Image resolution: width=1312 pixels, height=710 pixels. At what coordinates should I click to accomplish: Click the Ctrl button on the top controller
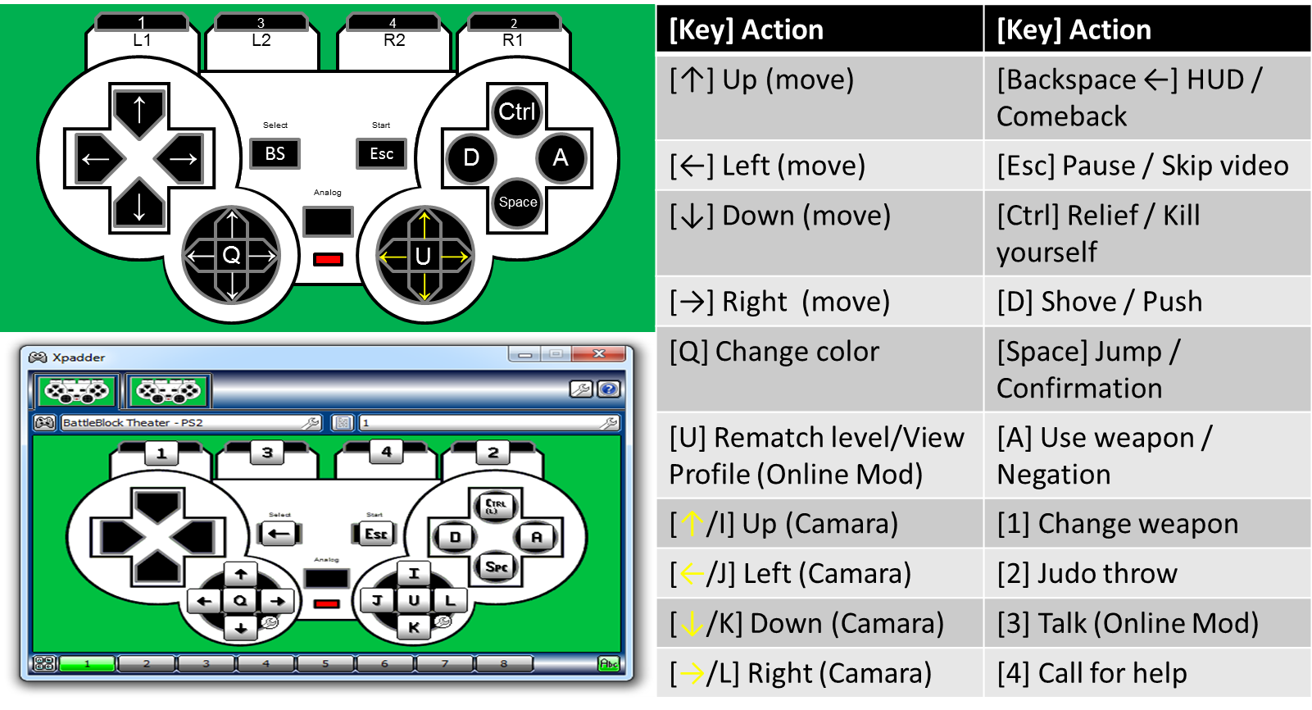(x=516, y=112)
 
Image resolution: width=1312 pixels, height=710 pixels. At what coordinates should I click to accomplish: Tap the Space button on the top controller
(x=517, y=203)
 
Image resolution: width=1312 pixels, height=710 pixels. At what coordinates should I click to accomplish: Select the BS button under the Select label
(x=275, y=153)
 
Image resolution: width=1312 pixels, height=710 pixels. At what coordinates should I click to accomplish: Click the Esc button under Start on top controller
(x=381, y=153)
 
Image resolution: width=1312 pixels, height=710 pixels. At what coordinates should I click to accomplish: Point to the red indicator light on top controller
(x=328, y=260)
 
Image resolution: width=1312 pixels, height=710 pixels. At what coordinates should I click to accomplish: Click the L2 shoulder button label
(x=261, y=40)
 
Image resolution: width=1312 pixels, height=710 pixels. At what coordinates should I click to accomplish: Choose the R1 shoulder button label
(x=512, y=40)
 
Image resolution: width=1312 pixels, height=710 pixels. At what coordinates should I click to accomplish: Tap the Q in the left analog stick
(x=231, y=256)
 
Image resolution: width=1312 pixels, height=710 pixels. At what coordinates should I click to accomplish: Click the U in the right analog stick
(x=423, y=256)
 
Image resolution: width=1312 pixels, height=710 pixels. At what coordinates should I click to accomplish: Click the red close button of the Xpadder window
(x=598, y=354)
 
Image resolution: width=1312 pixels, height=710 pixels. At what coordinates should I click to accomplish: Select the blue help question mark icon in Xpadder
(x=609, y=389)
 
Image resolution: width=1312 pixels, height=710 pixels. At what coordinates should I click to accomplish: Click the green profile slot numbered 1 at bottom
(x=87, y=664)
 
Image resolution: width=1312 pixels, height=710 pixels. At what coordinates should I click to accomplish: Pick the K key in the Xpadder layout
(x=414, y=627)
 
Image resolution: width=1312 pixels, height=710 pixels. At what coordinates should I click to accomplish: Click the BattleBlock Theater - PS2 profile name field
(x=191, y=422)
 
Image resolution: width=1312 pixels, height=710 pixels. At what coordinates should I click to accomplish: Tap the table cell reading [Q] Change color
(x=819, y=368)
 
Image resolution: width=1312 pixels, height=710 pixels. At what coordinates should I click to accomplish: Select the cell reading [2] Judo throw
(x=1146, y=573)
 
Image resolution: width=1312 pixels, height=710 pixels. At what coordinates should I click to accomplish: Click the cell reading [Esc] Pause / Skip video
(x=1146, y=165)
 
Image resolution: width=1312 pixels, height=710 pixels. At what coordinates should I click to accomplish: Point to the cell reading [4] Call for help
(x=1146, y=672)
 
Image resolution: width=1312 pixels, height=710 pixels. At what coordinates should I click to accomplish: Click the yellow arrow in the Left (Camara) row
(x=692, y=574)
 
